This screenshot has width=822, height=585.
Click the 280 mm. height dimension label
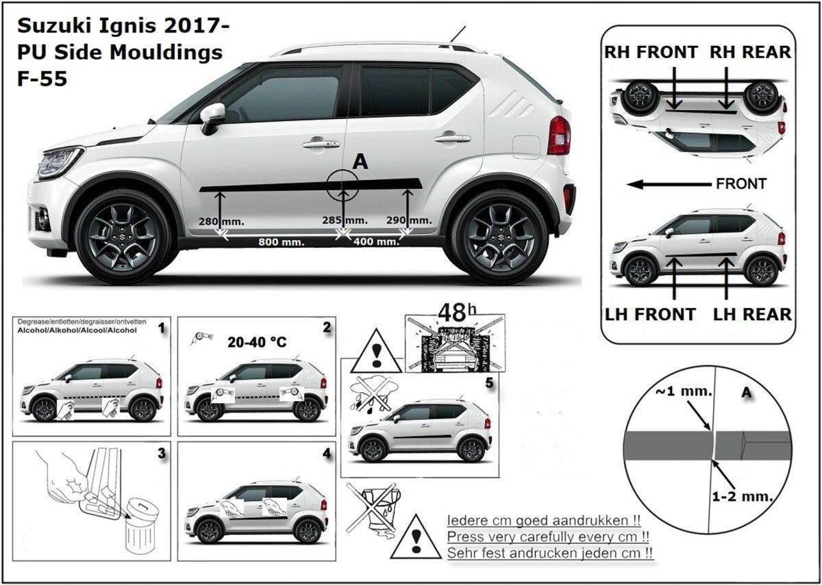221,222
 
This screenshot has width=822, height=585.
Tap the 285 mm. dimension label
345,220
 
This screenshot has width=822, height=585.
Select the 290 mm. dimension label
409,220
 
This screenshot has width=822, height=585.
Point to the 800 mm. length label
282,242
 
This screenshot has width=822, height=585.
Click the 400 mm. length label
377,241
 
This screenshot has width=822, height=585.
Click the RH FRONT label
651,52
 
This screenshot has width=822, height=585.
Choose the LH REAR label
752,315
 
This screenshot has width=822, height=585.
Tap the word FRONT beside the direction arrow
741,183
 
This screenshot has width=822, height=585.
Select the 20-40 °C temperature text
257,342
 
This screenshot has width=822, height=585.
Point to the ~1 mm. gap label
684,391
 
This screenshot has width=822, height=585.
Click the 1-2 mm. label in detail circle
743,497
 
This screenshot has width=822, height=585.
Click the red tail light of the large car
559,135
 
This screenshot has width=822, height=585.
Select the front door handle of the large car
321,144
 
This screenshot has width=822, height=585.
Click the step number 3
162,454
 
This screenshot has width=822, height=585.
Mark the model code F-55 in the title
42,79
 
